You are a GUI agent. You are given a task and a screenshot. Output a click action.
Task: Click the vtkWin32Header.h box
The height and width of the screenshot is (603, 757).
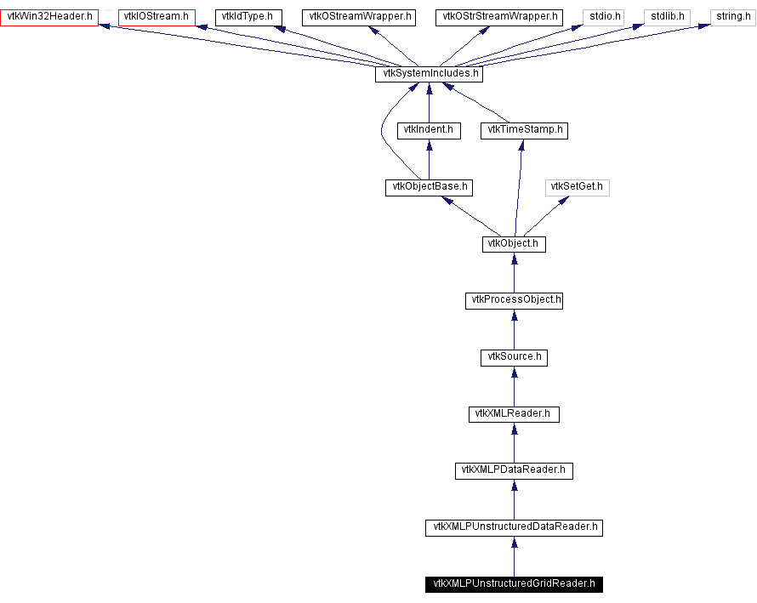coord(49,17)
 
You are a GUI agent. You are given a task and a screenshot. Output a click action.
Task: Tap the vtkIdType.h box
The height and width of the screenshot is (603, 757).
coord(247,17)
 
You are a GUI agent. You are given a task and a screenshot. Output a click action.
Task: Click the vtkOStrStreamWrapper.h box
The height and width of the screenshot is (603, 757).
coord(500,17)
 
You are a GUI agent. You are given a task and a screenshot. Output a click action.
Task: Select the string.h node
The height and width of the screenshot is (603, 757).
coord(733,17)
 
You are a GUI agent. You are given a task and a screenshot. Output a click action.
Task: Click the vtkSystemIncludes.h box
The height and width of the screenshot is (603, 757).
coord(429,74)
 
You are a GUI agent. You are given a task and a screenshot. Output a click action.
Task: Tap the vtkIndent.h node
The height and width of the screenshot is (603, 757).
coord(429,131)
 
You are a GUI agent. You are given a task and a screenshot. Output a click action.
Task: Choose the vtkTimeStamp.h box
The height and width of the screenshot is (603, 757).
coord(524,131)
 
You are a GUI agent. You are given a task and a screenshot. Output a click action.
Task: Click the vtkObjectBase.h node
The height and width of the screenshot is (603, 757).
coord(429,187)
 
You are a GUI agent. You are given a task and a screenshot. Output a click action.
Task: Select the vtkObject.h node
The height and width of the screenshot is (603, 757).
coord(514,244)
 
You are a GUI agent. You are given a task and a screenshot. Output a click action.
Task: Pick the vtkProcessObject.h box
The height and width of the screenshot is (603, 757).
coord(514,300)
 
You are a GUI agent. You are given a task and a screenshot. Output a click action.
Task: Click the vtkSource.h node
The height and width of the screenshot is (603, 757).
coord(514,357)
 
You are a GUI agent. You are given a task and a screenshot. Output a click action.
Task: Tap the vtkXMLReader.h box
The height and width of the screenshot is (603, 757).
coord(514,414)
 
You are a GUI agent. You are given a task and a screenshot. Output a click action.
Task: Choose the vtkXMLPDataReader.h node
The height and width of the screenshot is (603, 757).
coord(514,470)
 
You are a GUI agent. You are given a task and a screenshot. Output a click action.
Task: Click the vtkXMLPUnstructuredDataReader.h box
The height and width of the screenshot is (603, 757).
coord(514,527)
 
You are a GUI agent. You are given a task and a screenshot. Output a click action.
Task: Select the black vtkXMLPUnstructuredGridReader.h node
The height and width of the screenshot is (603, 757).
coord(514,584)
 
